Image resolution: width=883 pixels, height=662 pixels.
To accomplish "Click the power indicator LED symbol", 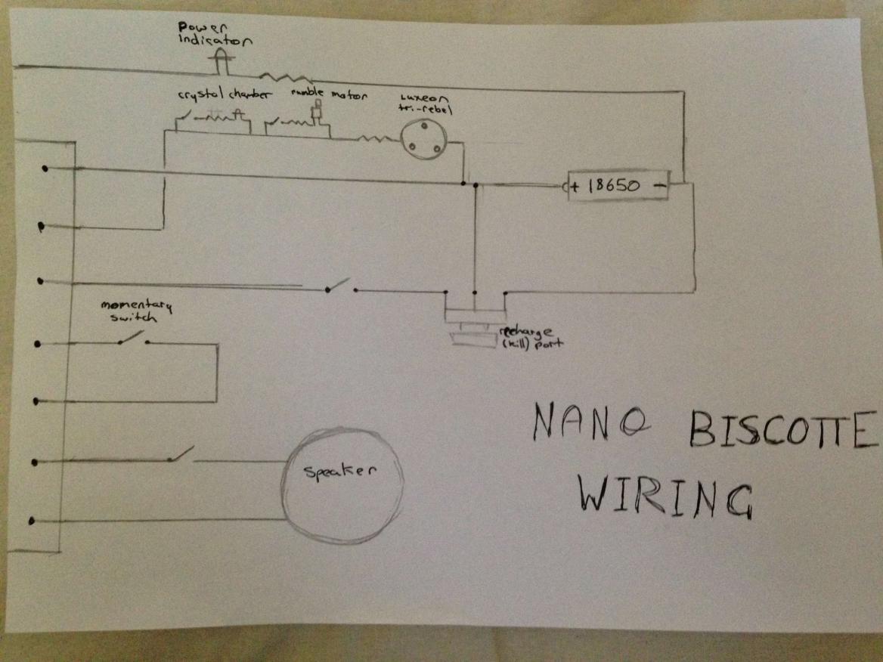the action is coord(222,60).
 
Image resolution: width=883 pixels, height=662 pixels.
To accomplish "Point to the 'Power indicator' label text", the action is coord(206,34).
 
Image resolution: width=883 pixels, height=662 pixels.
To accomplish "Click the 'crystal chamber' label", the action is coord(213,96).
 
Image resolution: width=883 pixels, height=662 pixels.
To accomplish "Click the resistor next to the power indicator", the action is coord(286,76).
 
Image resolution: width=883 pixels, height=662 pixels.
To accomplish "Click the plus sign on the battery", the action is coord(577,186).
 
